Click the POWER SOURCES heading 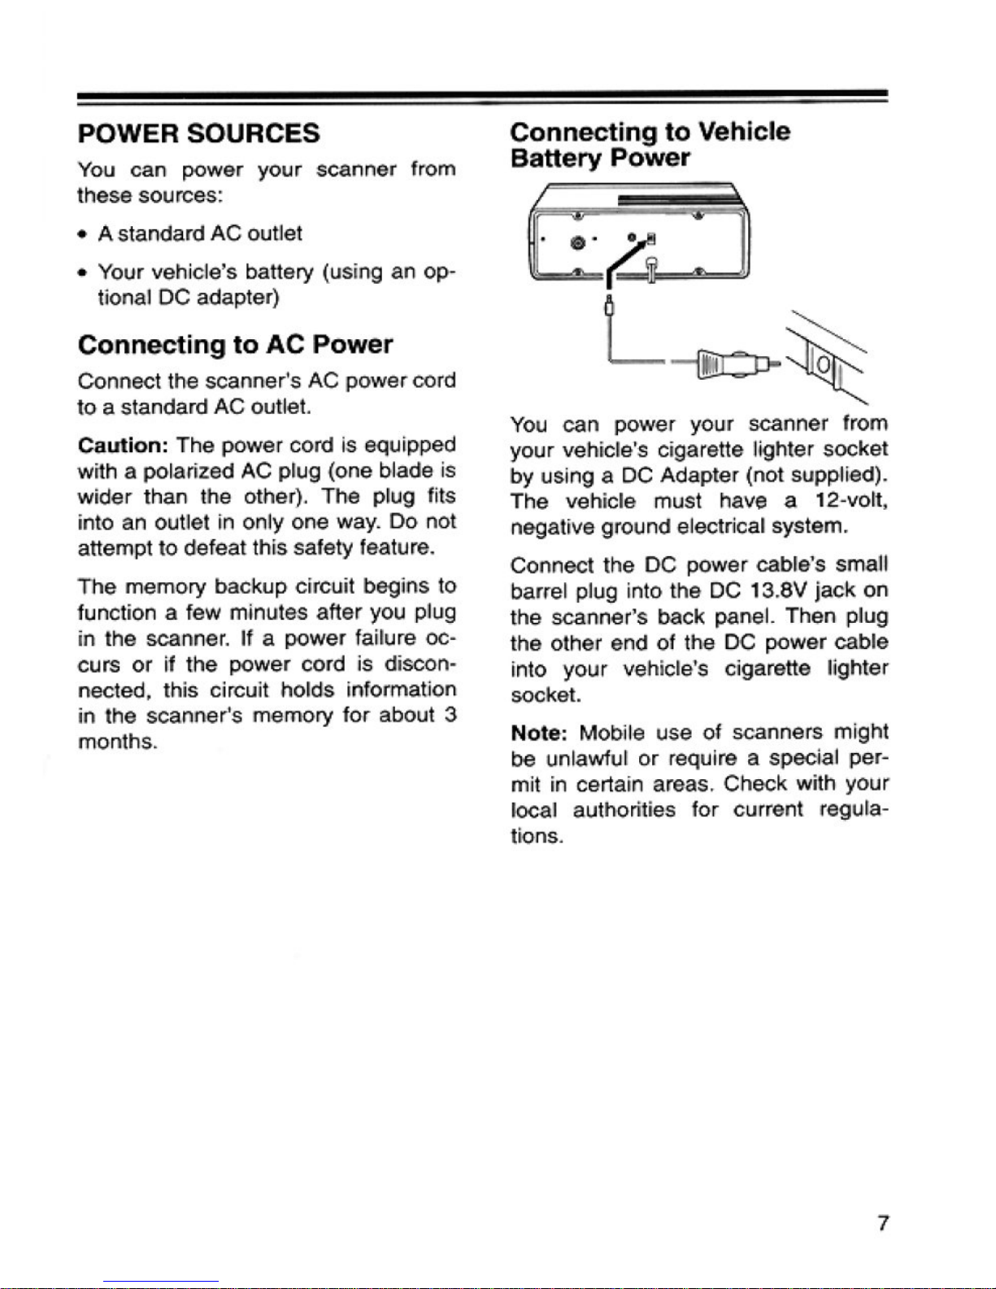198,133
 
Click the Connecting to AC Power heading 235,346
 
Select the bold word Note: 540,734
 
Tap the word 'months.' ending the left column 117,742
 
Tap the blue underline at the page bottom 161,1282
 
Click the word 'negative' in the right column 553,528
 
